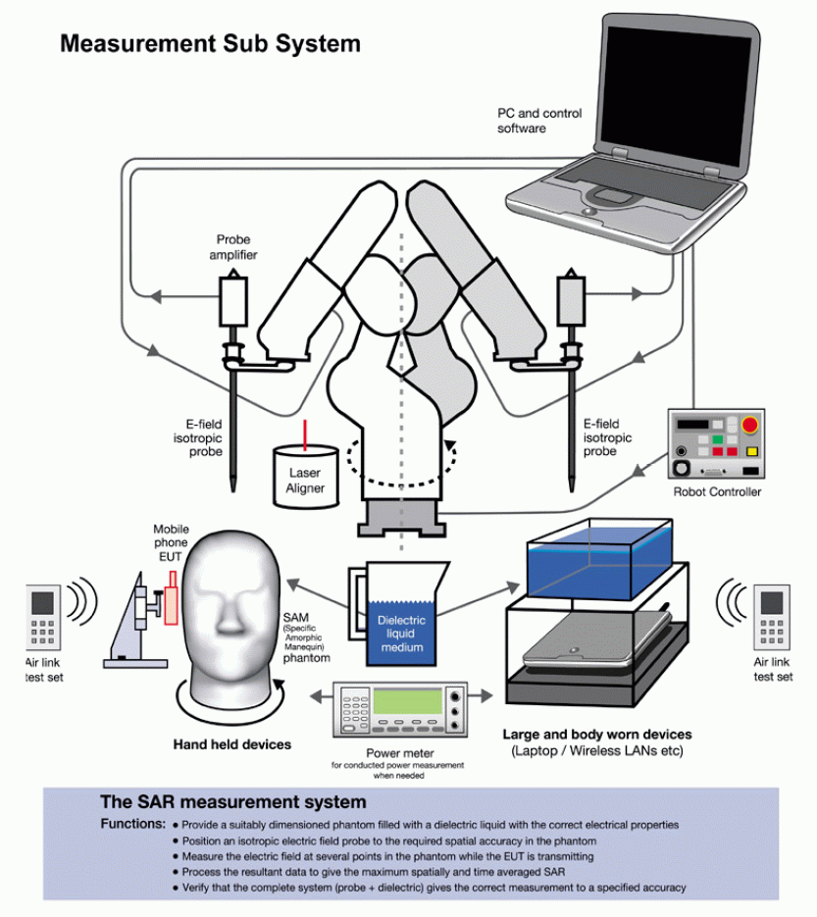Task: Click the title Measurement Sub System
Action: click(210, 43)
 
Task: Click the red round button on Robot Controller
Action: click(749, 425)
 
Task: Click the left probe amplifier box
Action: click(232, 300)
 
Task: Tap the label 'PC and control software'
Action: click(538, 121)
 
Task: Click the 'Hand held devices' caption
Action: click(232, 744)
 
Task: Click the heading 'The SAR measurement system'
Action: click(233, 802)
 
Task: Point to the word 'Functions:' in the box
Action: click(133, 824)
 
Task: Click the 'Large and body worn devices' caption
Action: click(597, 734)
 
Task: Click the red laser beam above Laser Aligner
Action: click(305, 431)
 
